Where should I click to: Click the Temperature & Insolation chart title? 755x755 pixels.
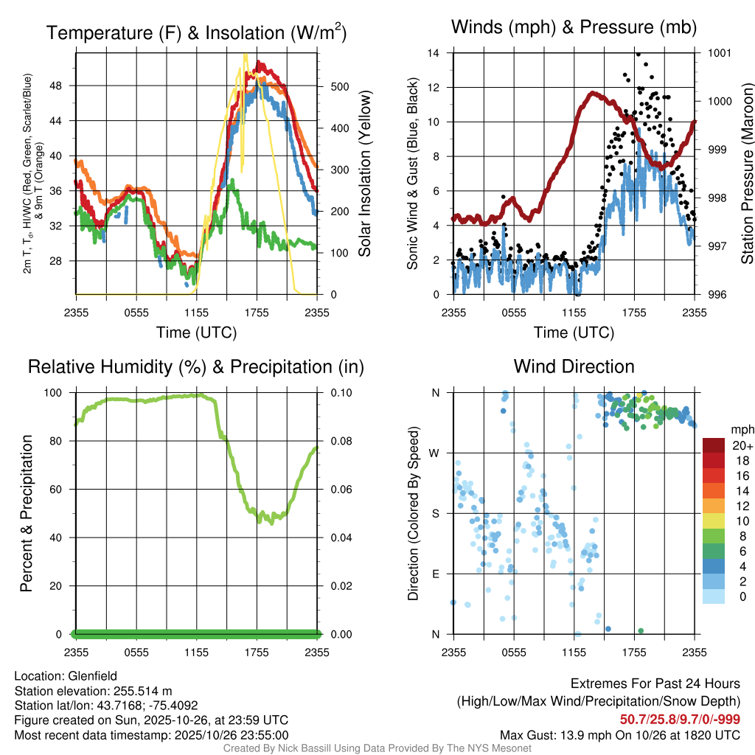pyautogui.click(x=196, y=33)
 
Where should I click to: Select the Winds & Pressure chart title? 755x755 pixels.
pyautogui.click(x=574, y=27)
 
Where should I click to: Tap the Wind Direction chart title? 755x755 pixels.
pyautogui.click(x=574, y=366)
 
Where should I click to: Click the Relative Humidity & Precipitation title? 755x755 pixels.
pyautogui.click(x=196, y=366)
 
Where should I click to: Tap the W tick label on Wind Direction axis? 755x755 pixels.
pyautogui.click(x=436, y=453)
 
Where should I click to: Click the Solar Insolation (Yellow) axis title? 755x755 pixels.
pyautogui.click(x=364, y=173)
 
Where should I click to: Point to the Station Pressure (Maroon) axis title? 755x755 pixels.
pyautogui.click(x=747, y=173)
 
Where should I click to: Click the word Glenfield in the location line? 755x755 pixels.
pyautogui.click(x=92, y=675)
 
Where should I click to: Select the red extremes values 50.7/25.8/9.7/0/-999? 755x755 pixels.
pyautogui.click(x=680, y=720)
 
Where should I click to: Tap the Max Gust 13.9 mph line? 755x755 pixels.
pyautogui.click(x=619, y=734)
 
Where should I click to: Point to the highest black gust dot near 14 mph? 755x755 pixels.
pyautogui.click(x=638, y=54)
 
